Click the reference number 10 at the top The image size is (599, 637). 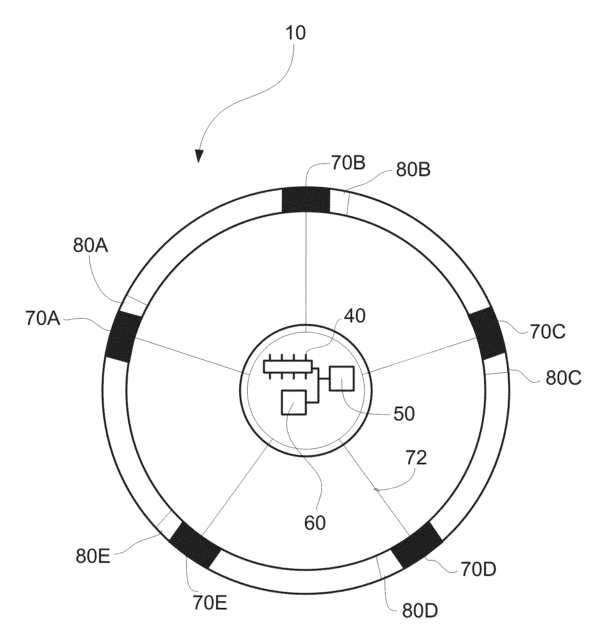point(295,33)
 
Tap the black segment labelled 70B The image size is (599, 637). point(306,200)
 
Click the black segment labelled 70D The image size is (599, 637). point(417,545)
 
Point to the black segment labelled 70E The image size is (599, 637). point(195,545)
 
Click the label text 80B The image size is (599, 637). point(413,170)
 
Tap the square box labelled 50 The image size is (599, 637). point(341,378)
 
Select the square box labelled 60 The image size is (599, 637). point(294,403)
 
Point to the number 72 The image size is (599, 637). point(416,458)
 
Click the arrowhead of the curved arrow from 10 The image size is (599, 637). point(199,156)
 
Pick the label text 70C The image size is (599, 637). point(547,331)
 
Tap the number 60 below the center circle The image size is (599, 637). point(315,523)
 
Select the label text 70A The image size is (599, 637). point(43,318)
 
